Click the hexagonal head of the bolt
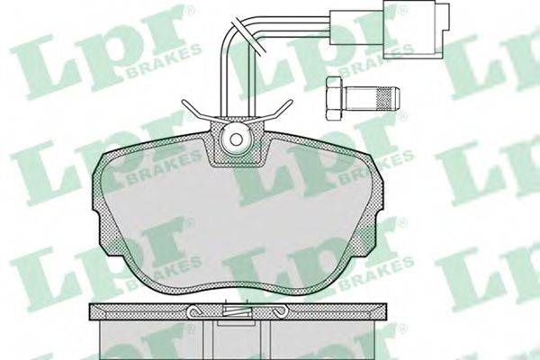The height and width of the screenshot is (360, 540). (x=334, y=98)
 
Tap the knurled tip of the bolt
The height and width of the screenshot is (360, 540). (x=389, y=98)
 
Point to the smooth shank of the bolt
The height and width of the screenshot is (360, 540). (x=360, y=98)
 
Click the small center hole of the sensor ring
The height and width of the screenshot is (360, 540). (x=236, y=139)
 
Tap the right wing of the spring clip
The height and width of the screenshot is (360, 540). (x=277, y=110)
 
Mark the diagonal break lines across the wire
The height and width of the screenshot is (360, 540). (x=248, y=34)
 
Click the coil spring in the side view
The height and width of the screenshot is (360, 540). (x=236, y=311)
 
